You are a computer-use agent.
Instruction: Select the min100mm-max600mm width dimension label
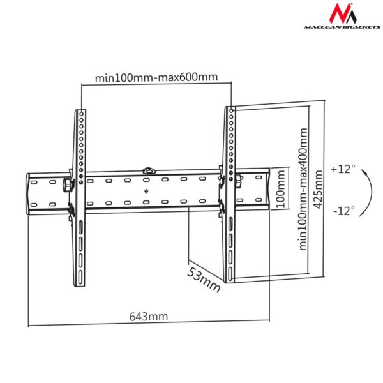click(156, 78)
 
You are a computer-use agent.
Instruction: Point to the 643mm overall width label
click(149, 316)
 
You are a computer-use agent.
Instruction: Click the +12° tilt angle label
click(343, 170)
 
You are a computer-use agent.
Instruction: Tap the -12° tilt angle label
click(343, 210)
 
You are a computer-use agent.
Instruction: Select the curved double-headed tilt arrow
click(367, 190)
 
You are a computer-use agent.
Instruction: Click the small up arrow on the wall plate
click(146, 190)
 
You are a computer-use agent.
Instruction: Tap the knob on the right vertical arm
click(237, 181)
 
